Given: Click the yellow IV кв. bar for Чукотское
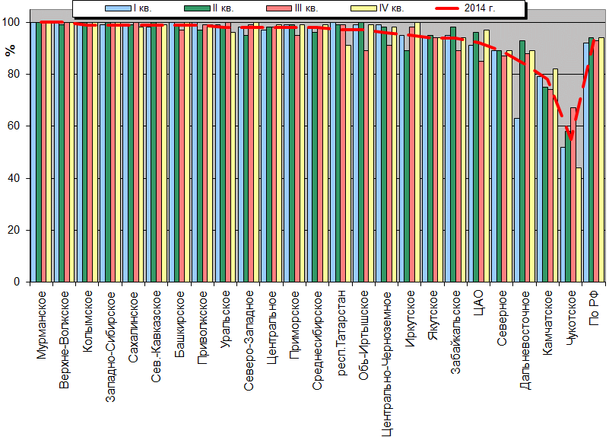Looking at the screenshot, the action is pyautogui.click(x=579, y=225).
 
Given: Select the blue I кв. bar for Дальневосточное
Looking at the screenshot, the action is pyautogui.click(x=517, y=199).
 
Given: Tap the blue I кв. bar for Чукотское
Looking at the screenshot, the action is pyautogui.click(x=563, y=214).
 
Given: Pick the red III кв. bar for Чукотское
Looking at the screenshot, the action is pyautogui.click(x=573, y=195).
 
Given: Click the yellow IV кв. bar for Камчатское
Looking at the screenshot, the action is pyautogui.click(x=556, y=175).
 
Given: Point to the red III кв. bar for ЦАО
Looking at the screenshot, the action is pyautogui.click(x=481, y=171).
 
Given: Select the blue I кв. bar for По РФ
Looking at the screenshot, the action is pyautogui.click(x=586, y=162).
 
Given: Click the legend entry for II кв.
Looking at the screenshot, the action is pyautogui.click(x=209, y=8).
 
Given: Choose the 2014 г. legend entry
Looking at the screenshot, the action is pyautogui.click(x=465, y=8).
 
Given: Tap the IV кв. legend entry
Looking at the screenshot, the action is pyautogui.click(x=378, y=8).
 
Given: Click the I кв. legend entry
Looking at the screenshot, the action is pyautogui.click(x=128, y=8).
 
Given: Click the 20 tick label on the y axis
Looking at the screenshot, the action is pyautogui.click(x=13, y=230).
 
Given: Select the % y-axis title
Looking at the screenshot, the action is pyautogui.click(x=11, y=50).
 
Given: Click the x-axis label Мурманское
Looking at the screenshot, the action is pyautogui.click(x=41, y=325).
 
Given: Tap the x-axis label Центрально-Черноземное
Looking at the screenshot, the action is pyautogui.click(x=386, y=363).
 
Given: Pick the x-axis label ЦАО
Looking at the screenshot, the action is pyautogui.click(x=478, y=303).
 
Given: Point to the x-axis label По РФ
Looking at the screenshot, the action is pyautogui.click(x=594, y=308).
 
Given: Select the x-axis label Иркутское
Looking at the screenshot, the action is pyautogui.click(x=409, y=319).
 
